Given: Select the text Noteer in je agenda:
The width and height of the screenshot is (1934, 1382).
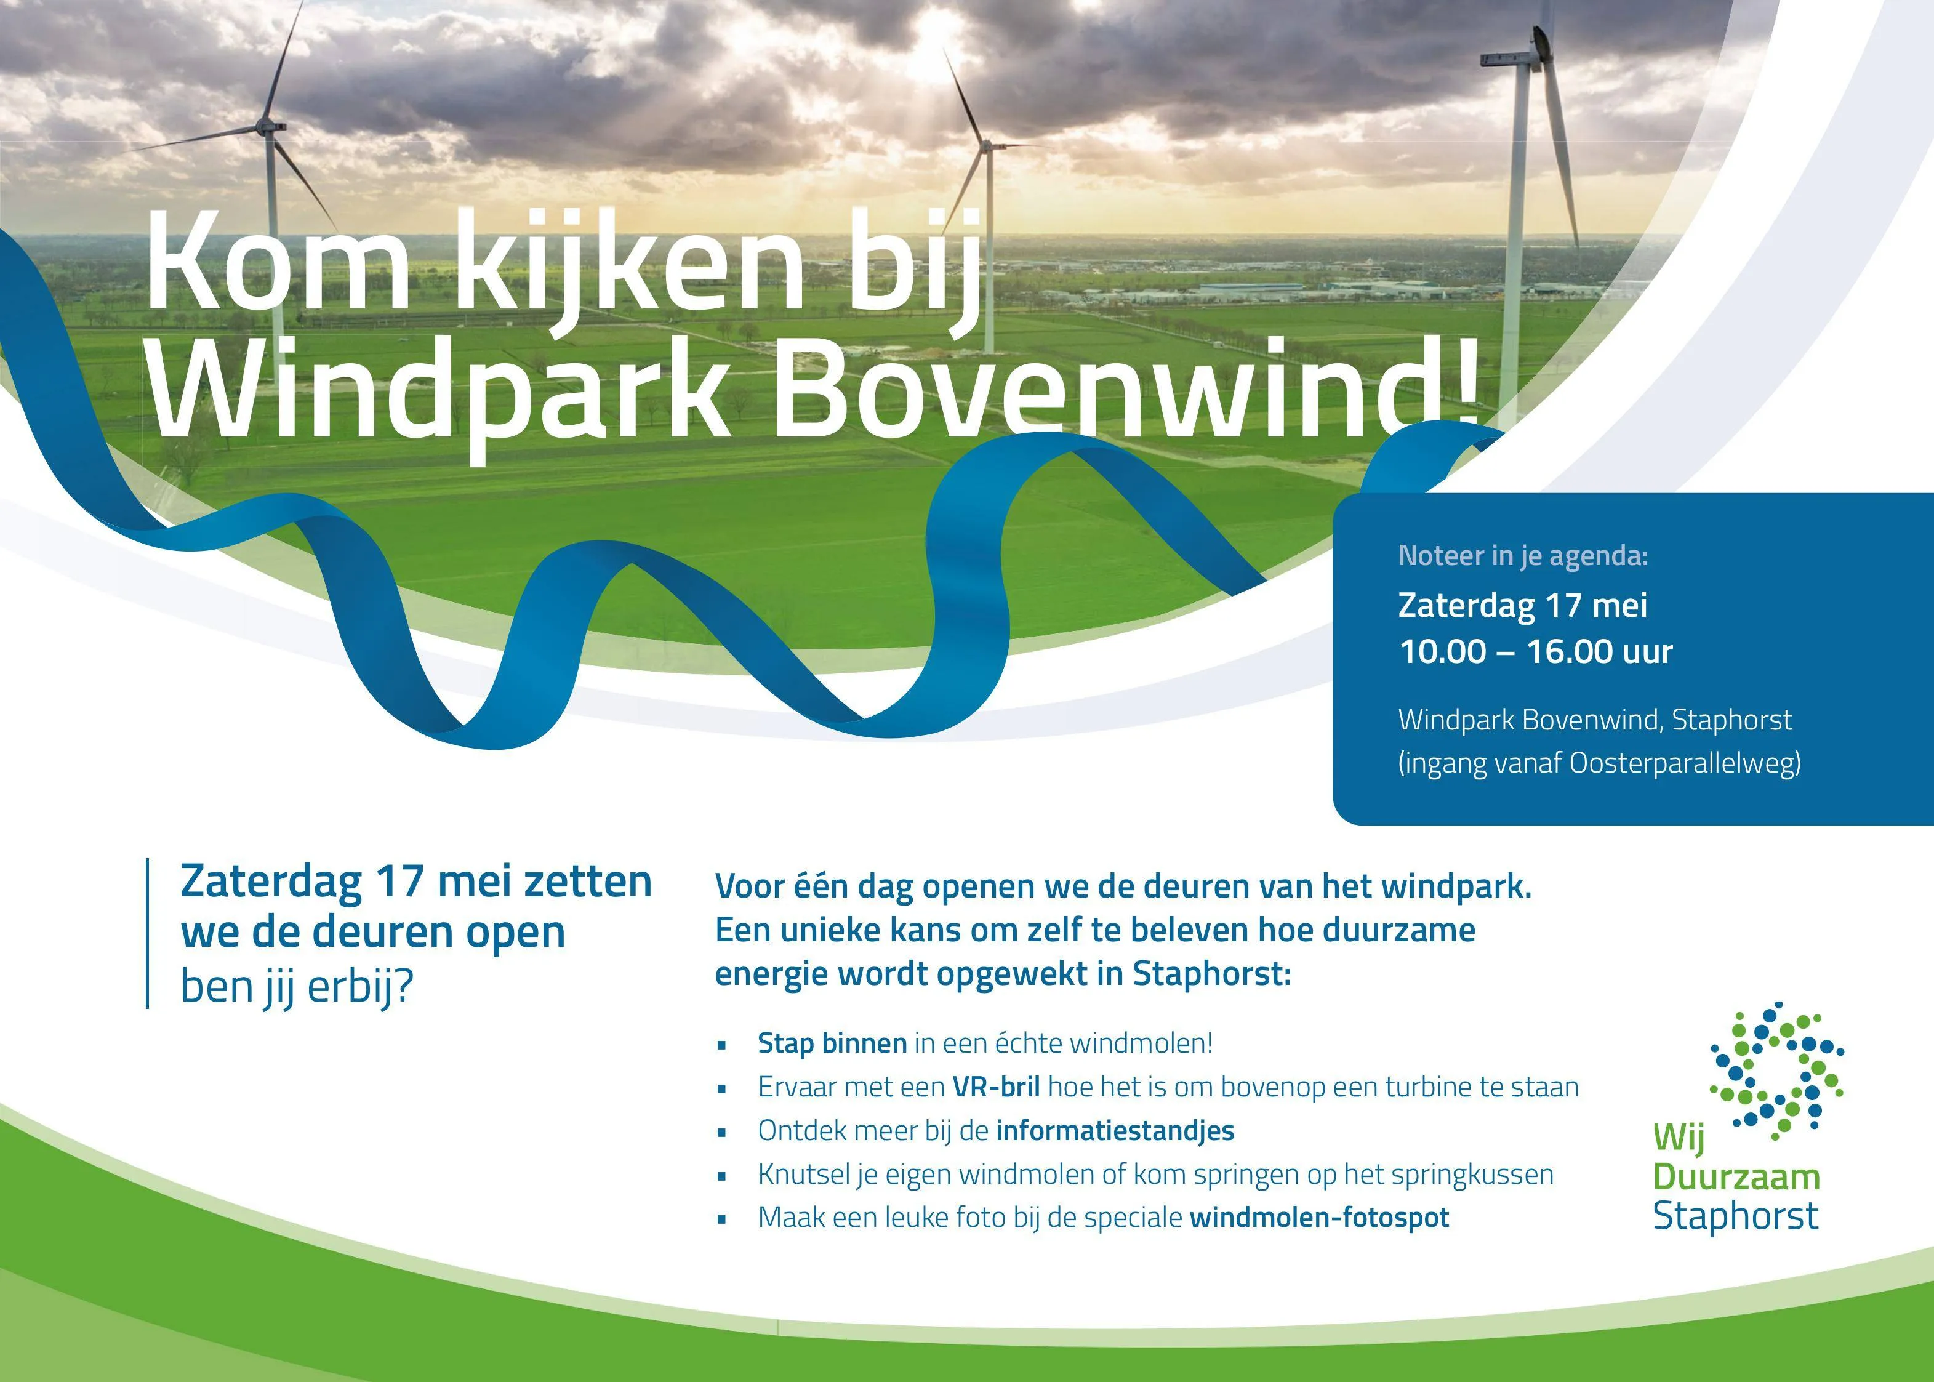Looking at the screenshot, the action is [1523, 556].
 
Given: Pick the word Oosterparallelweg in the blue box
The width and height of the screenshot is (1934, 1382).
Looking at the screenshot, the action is [1685, 764].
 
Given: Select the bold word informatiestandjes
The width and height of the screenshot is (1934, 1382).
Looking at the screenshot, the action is [1115, 1130].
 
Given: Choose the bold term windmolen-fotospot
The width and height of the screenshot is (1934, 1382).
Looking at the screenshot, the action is [1319, 1217].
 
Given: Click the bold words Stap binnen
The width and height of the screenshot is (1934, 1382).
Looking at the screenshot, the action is [832, 1043].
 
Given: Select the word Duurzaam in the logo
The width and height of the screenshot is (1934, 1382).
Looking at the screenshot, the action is [1736, 1178].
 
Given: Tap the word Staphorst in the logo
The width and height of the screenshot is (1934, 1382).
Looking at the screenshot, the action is [1735, 1216].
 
